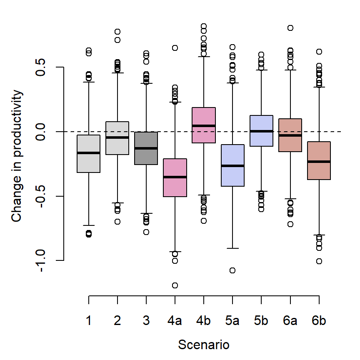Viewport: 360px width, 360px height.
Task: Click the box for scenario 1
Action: click(89, 154)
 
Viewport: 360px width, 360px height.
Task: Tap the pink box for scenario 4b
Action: click(204, 125)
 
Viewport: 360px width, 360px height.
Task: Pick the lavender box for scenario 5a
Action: click(232, 165)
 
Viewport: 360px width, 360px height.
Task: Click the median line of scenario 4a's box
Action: click(175, 177)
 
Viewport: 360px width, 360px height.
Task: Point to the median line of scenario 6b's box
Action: click(319, 162)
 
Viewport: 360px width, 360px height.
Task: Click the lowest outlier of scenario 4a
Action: click(175, 285)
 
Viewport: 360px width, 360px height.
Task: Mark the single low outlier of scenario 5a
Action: click(232, 270)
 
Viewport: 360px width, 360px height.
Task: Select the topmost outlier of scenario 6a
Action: click(290, 28)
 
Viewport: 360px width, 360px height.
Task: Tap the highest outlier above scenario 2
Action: click(117, 32)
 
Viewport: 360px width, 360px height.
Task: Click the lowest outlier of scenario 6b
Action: click(319, 261)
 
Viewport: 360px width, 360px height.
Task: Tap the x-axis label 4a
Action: click(175, 320)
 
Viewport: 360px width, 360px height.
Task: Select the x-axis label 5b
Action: click(261, 320)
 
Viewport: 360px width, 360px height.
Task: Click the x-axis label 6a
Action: click(290, 320)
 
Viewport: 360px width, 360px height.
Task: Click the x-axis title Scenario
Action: click(204, 345)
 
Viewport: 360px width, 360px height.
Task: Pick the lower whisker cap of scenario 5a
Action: click(232, 248)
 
